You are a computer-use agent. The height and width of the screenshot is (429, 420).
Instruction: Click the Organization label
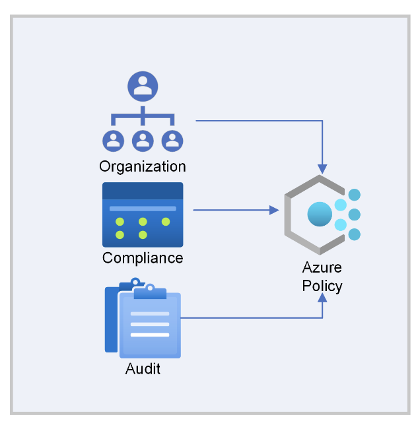pyautogui.click(x=143, y=166)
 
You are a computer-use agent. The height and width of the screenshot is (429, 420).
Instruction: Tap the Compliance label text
pyautogui.click(x=143, y=257)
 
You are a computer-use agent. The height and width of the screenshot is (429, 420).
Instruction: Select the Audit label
pyautogui.click(x=143, y=369)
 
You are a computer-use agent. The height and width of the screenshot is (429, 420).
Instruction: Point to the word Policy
pyautogui.click(x=322, y=286)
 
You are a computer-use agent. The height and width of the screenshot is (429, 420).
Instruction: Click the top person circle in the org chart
pyautogui.click(x=143, y=86)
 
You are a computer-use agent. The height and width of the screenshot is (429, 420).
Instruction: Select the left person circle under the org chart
pyautogui.click(x=114, y=140)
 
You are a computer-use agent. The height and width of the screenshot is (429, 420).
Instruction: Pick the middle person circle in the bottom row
pyautogui.click(x=143, y=140)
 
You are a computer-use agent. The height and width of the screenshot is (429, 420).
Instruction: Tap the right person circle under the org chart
pyautogui.click(x=172, y=140)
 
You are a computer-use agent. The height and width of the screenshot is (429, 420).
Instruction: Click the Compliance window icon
pyautogui.click(x=143, y=214)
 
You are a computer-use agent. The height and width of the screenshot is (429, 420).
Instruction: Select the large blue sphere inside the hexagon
pyautogui.click(x=320, y=214)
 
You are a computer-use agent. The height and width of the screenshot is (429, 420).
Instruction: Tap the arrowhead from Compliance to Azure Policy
pyautogui.click(x=274, y=211)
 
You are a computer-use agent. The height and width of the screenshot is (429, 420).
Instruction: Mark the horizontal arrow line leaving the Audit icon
pyautogui.click(x=251, y=318)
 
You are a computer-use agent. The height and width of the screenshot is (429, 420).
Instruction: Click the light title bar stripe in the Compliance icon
pyautogui.click(x=143, y=209)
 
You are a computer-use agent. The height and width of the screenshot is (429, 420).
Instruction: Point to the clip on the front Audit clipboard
pyautogui.click(x=150, y=291)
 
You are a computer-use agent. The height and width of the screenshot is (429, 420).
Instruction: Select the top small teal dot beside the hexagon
pyautogui.click(x=355, y=195)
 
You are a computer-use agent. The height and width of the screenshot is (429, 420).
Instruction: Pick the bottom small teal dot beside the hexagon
pyautogui.click(x=355, y=234)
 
